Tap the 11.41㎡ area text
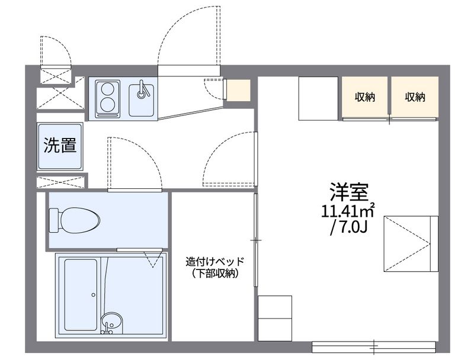pos(348,211)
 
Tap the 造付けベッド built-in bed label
pos(214,262)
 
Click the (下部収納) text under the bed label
pos(214,274)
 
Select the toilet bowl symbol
pos(74,220)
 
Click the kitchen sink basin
pos(142,97)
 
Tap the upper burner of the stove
pos(108,90)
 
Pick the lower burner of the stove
pos(108,105)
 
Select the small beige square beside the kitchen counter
pos(239,90)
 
